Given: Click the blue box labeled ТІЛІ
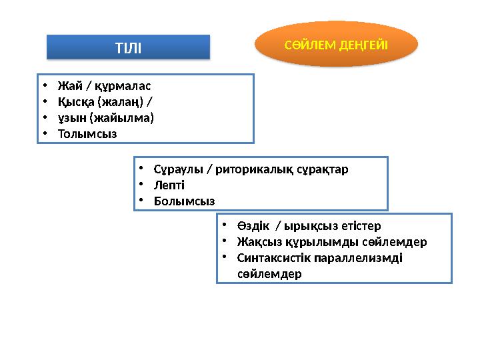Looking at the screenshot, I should pos(128,47).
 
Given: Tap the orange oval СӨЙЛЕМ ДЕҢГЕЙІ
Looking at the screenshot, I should pos(337,44).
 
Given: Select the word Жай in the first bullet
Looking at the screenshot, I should pos(67,86).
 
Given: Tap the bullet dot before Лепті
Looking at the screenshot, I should pos(141,185).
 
